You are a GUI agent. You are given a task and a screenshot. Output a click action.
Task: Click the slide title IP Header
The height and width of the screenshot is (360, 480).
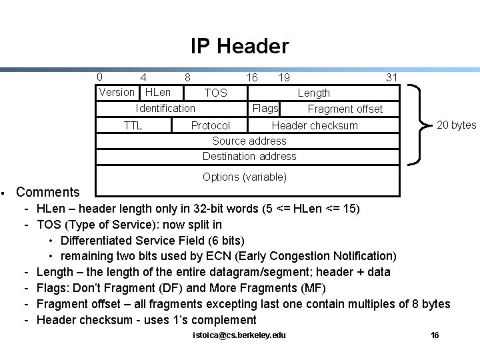[239, 46]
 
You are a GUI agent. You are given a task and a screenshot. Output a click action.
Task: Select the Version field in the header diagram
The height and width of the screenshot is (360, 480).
[116, 92]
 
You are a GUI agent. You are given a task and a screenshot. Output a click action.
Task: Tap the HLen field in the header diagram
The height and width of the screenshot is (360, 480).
[158, 92]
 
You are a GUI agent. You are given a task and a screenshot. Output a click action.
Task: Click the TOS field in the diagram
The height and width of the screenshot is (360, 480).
[215, 93]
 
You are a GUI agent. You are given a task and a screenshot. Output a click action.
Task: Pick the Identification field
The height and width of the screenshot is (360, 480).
[165, 108]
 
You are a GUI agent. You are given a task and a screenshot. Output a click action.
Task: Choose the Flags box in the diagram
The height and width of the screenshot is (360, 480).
[265, 108]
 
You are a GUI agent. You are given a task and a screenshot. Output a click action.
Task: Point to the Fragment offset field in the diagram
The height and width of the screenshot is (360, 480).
[345, 109]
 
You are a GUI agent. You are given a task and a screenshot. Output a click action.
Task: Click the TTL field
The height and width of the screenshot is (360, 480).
[133, 125]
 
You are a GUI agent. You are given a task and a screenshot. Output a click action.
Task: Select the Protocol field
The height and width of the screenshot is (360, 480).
[211, 125]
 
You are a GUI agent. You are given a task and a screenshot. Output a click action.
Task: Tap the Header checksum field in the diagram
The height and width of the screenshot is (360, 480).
[315, 125]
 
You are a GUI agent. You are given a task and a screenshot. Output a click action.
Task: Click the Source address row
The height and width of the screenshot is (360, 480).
[249, 141]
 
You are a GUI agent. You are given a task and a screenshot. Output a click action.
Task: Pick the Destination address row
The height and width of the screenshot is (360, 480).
[249, 156]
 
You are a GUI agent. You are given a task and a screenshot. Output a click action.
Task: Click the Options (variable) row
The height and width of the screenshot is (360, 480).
[245, 177]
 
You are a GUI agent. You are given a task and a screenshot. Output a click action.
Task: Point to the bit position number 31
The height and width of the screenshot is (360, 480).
[391, 77]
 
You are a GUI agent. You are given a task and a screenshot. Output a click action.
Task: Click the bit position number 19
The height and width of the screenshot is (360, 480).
[284, 77]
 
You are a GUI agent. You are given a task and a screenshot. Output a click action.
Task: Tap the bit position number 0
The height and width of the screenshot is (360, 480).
[99, 77]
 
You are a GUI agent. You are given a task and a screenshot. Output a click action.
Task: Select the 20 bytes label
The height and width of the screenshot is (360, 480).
[456, 125]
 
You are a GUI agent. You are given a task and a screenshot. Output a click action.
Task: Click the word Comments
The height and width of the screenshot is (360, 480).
[47, 193]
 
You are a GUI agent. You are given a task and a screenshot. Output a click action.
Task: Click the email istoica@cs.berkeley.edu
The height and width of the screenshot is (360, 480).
[238, 335]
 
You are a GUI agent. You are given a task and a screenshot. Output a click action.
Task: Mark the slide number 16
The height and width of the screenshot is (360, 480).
[435, 335]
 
